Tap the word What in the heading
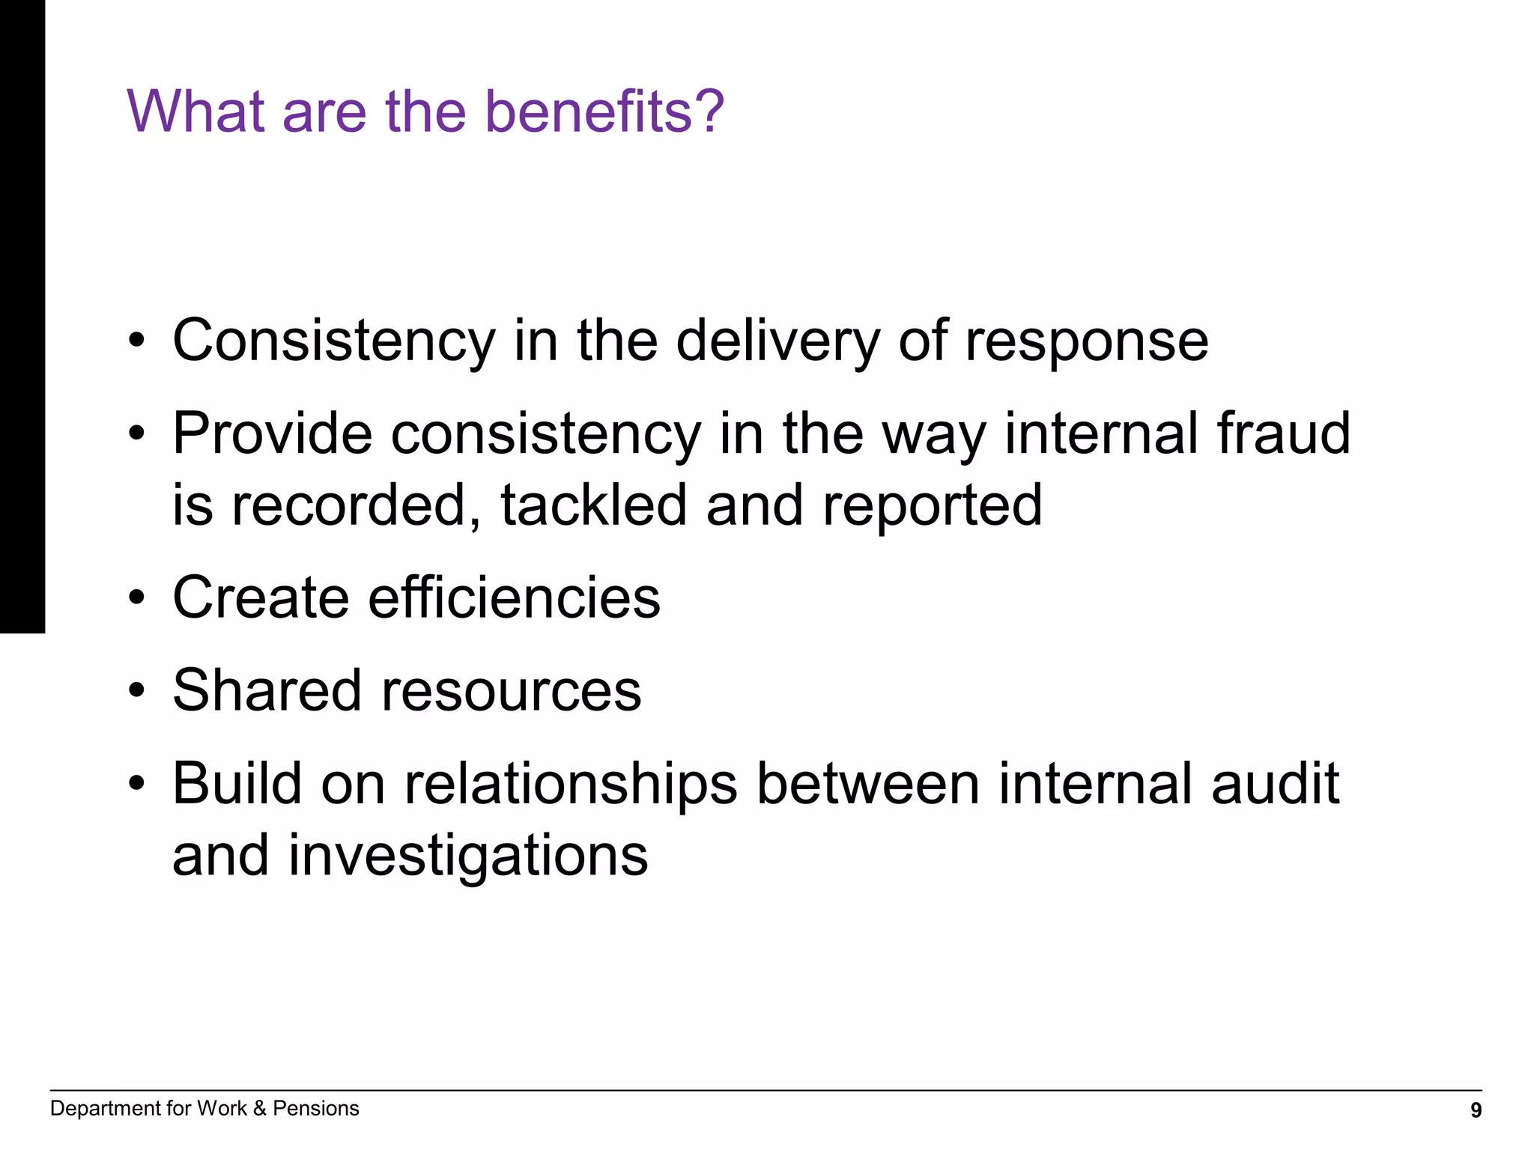tap(195, 111)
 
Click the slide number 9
tap(1476, 1110)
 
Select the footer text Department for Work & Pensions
tap(204, 1108)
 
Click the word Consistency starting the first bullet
tap(333, 341)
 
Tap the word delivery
tap(777, 341)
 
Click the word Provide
tap(272, 433)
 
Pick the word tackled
tap(593, 505)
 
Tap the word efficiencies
tap(514, 597)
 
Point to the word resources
tap(511, 691)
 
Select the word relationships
tap(571, 784)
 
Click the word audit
tap(1275, 783)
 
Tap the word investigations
tap(468, 856)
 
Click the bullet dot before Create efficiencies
tap(136, 599)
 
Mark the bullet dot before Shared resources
tap(136, 691)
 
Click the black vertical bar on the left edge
tap(22, 314)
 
